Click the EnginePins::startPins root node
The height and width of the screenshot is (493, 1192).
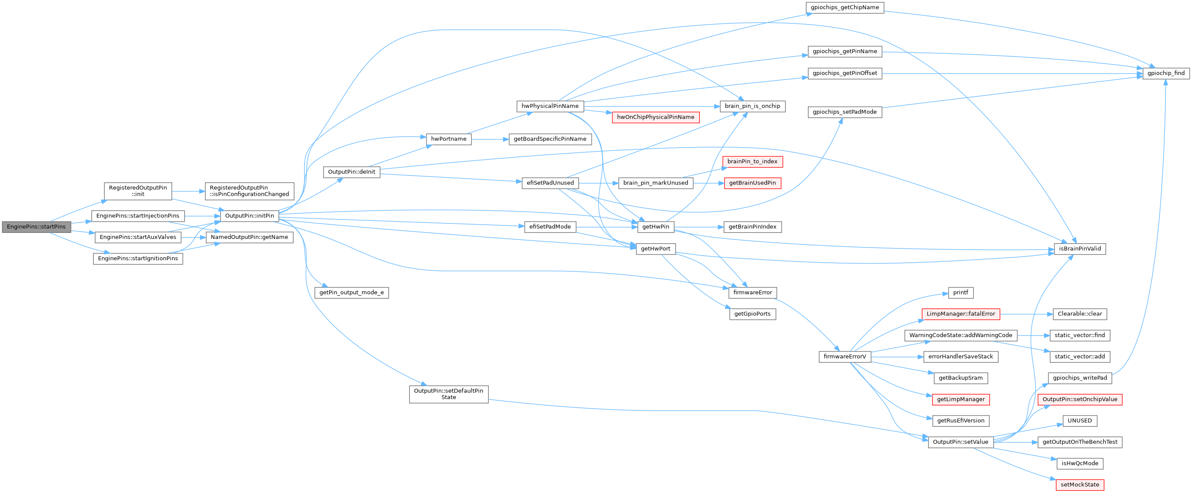(x=36, y=227)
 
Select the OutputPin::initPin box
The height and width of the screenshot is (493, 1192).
(x=250, y=216)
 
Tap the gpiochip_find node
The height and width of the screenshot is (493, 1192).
(x=1166, y=73)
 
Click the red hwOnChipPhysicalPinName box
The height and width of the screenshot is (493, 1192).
(x=655, y=117)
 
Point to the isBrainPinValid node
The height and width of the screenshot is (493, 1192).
(x=1080, y=248)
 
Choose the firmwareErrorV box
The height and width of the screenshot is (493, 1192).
(x=845, y=357)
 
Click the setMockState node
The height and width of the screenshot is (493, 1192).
(x=1080, y=485)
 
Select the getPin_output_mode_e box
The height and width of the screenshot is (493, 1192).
(x=351, y=293)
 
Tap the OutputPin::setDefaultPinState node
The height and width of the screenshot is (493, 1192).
(x=449, y=394)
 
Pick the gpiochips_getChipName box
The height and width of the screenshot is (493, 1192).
(x=845, y=7)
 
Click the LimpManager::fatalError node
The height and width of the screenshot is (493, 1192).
(x=960, y=314)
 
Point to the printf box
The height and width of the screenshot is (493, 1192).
(x=960, y=293)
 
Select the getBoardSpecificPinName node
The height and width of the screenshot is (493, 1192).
(x=550, y=139)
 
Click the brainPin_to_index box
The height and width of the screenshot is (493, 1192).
(x=752, y=161)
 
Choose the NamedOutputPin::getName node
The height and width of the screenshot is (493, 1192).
(x=250, y=237)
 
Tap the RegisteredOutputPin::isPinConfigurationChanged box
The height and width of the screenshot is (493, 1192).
(x=250, y=191)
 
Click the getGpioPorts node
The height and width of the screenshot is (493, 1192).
(x=752, y=314)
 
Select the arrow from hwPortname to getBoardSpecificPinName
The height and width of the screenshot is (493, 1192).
(x=490, y=139)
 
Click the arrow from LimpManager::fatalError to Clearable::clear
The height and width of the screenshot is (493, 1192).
(x=1026, y=314)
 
